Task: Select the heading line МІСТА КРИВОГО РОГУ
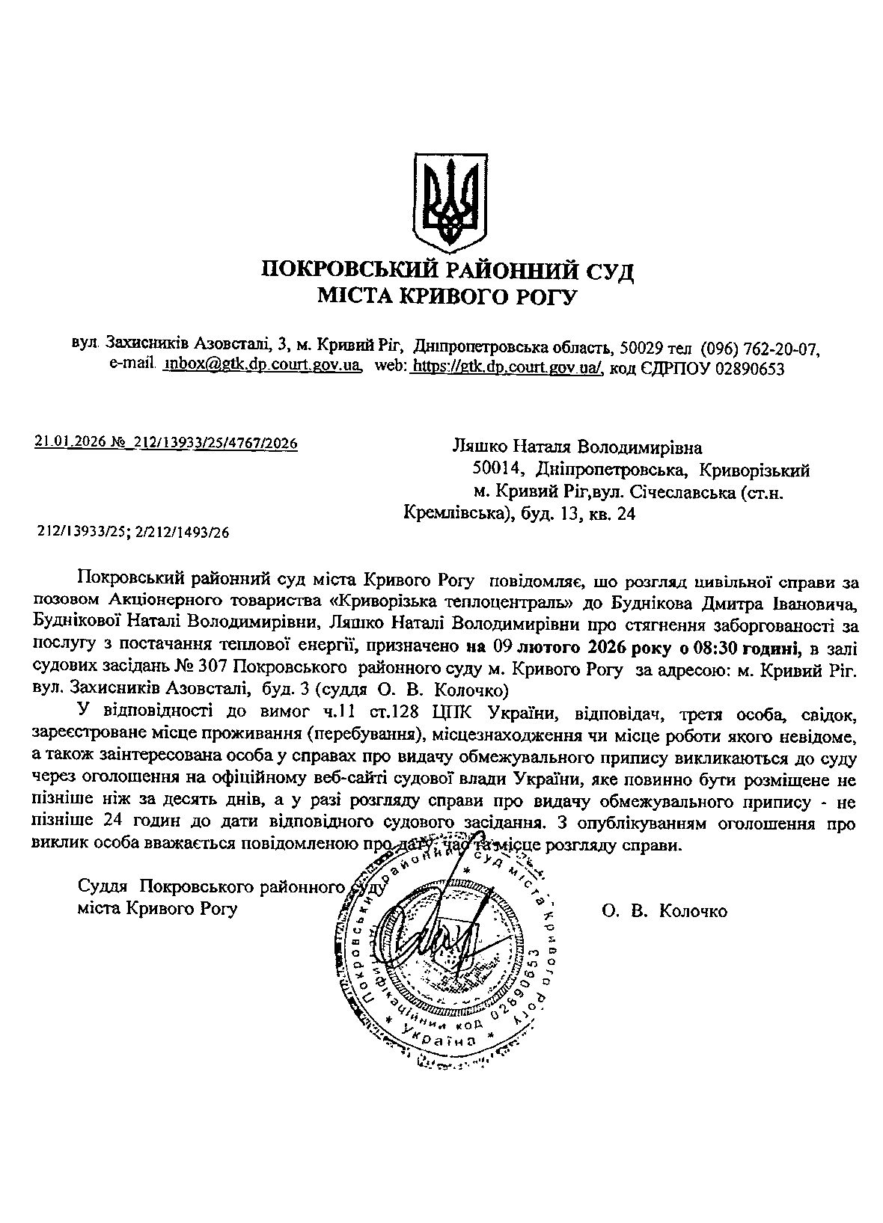[x=447, y=298]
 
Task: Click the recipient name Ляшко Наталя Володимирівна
[x=578, y=447]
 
